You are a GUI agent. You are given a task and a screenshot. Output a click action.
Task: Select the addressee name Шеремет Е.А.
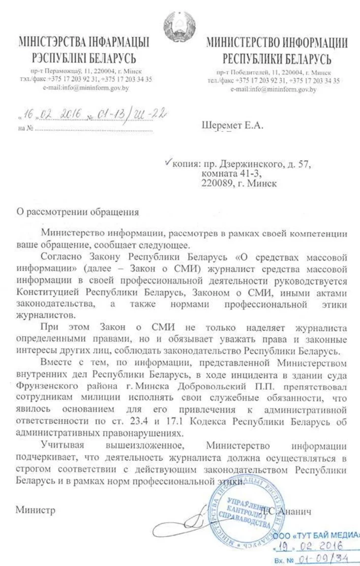click(x=233, y=126)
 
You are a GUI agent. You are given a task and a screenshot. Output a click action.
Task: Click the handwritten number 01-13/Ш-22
click(x=130, y=114)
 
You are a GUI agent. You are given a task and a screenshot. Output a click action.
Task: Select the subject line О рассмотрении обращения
click(x=78, y=212)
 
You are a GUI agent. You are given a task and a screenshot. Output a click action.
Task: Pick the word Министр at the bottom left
click(x=35, y=508)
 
